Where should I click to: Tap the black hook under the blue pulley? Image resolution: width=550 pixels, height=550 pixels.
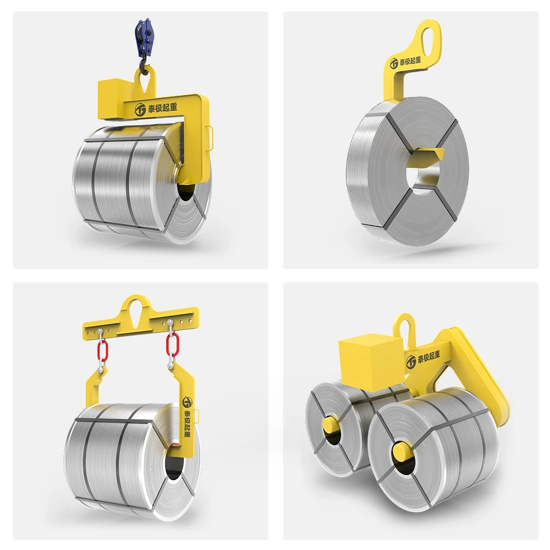click(x=143, y=67)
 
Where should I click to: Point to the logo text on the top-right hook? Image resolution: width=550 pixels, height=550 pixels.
click(x=410, y=61)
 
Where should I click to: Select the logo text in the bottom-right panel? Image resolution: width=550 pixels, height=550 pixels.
click(x=428, y=358)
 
